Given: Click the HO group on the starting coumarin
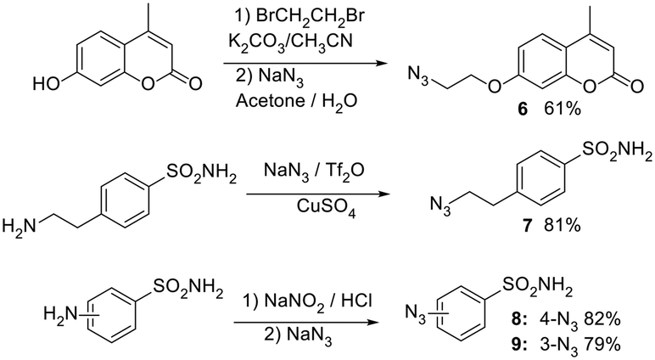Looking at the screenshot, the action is point(47,85).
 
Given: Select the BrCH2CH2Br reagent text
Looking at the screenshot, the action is point(310,16).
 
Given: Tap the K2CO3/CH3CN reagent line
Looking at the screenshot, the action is point(290,42).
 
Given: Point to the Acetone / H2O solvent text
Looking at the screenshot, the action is point(297,101).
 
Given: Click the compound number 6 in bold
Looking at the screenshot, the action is point(523,110).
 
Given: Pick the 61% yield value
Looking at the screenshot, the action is point(563,110).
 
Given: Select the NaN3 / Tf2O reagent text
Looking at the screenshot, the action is point(314,171).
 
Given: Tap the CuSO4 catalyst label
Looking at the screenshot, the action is point(327,206).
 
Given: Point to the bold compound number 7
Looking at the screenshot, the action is point(527,225).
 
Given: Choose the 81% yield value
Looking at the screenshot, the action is point(563,225).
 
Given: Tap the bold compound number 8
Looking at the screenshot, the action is point(518,320).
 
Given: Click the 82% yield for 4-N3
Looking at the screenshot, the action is point(602,320).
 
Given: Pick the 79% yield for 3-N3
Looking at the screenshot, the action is point(602,345).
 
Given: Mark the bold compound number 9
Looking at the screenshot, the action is point(518,345).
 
